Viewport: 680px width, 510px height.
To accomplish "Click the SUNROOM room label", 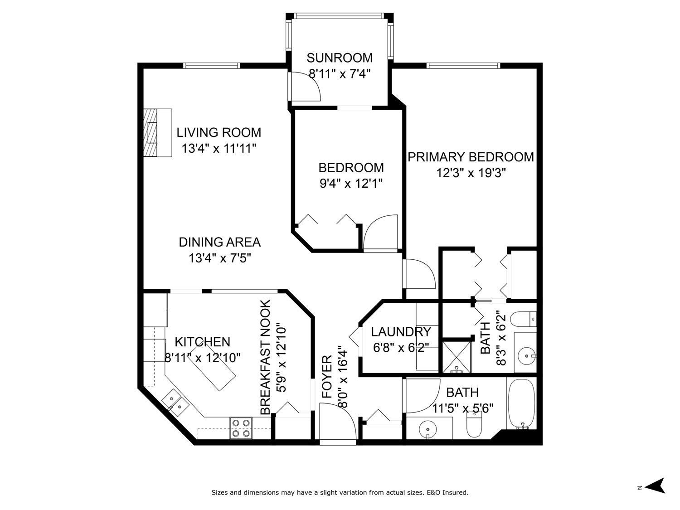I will pos(340,58).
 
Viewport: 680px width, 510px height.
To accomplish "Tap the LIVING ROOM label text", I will pos(219,133).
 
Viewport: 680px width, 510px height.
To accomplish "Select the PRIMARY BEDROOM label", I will pos(471,157).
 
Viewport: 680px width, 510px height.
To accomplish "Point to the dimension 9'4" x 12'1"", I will pos(351,184).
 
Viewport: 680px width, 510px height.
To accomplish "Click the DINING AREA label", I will pos(219,242).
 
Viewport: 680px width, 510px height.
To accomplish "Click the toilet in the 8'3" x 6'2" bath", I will pos(524,319).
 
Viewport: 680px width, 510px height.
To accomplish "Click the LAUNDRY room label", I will pos(400,332).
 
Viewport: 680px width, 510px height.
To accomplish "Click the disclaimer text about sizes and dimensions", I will pos(340,492).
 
